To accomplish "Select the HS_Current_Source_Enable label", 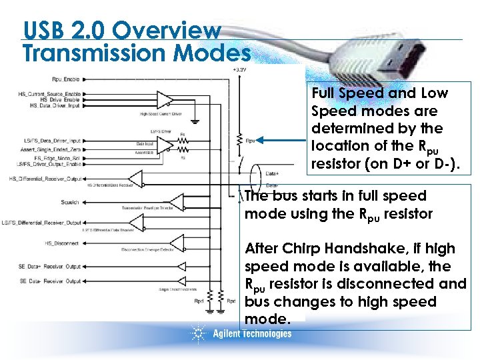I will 49,93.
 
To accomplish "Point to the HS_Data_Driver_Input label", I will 55,105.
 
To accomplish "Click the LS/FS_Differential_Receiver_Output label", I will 42,222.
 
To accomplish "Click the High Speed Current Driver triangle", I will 163,100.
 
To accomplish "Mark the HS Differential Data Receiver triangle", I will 137,178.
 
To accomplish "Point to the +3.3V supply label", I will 239,69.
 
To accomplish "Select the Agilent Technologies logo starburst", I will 198,332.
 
